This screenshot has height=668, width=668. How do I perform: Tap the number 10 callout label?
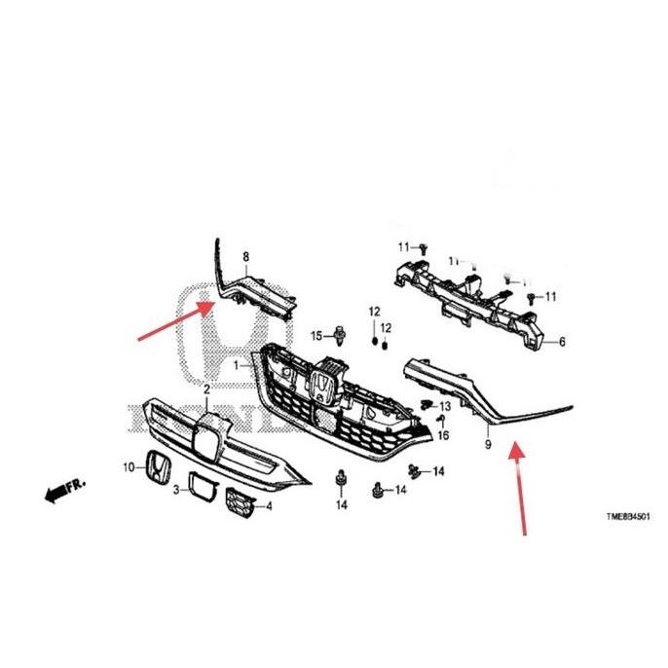pyautogui.click(x=128, y=468)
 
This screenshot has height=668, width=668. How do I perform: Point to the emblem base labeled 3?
pyautogui.click(x=203, y=488)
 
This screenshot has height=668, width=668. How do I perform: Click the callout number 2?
pyautogui.click(x=205, y=390)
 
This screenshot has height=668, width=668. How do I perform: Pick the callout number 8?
pyautogui.click(x=245, y=257)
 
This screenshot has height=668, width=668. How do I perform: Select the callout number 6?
pyautogui.click(x=561, y=343)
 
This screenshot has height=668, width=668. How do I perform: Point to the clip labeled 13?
pyautogui.click(x=427, y=402)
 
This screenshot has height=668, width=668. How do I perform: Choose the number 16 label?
pyautogui.click(x=444, y=435)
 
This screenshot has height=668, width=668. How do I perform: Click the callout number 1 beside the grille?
pyautogui.click(x=236, y=365)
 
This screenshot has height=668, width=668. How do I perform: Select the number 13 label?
pyautogui.click(x=445, y=406)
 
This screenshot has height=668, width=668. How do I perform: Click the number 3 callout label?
pyautogui.click(x=175, y=490)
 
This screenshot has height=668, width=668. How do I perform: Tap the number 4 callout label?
pyautogui.click(x=269, y=506)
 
